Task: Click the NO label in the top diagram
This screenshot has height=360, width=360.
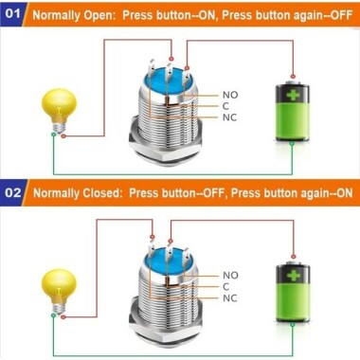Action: (x=230, y=95)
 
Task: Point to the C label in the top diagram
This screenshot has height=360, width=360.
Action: (x=226, y=106)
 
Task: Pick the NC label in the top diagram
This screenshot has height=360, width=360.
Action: (x=230, y=117)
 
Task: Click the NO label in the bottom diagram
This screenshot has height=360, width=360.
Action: (x=230, y=275)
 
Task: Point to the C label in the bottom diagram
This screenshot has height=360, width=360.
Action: (x=226, y=286)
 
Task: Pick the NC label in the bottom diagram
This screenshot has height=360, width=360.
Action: (x=230, y=297)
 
